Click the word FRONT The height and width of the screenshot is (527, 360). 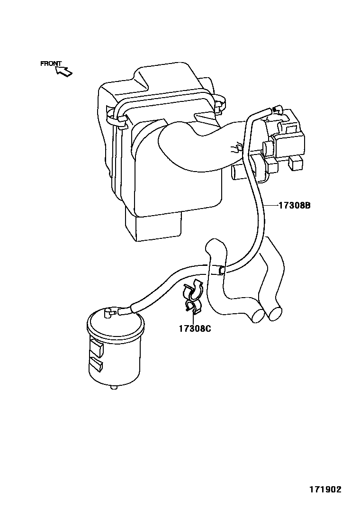coord(51,64)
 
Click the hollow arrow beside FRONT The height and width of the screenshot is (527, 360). coord(64,71)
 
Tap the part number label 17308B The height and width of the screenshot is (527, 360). coord(294,206)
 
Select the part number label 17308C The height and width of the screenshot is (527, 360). coord(194,328)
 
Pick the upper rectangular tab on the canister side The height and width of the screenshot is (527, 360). coord(96,349)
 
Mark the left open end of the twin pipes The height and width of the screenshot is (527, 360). coord(258,316)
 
